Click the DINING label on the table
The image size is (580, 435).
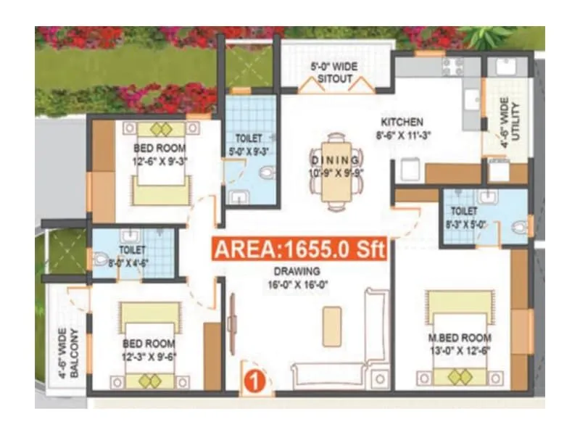(x=335, y=160)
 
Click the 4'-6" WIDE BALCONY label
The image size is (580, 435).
(x=68, y=353)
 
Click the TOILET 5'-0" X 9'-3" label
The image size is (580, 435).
(x=250, y=144)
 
